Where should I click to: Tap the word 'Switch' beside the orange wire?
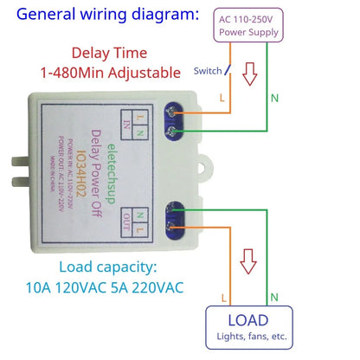(x=208, y=72)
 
